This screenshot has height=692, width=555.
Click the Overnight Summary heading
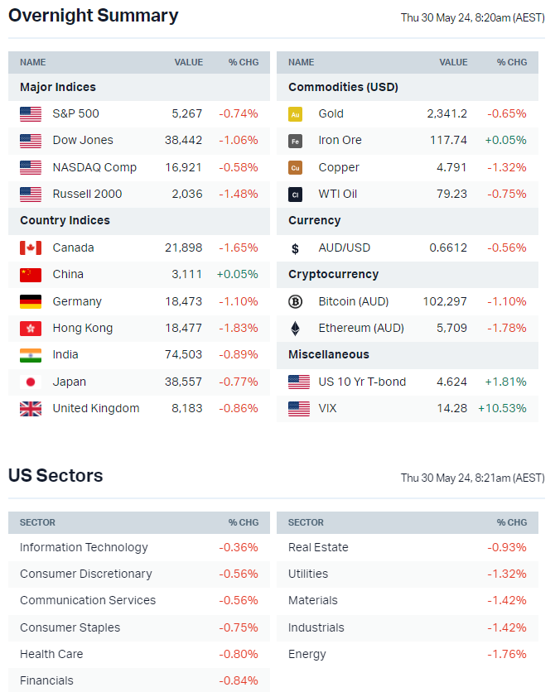coord(93,16)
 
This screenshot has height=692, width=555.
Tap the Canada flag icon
coord(31,247)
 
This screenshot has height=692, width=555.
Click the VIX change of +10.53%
coord(502,408)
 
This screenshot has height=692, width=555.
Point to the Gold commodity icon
coord(295,114)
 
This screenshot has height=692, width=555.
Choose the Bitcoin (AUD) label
coord(353,301)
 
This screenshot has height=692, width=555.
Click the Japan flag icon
coord(31,382)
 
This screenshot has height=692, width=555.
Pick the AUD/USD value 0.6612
coord(448,247)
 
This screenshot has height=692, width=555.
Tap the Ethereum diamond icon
coord(295,328)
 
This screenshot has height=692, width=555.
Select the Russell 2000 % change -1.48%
coord(238,194)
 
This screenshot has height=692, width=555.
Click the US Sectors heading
coord(55,476)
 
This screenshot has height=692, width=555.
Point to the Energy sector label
coord(307,654)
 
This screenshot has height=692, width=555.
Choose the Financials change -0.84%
coord(238,680)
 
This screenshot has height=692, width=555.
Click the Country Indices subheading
coord(65,220)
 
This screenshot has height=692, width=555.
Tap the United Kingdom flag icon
coord(31,408)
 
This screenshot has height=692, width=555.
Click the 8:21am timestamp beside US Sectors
coord(472,478)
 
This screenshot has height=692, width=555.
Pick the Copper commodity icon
coord(295,167)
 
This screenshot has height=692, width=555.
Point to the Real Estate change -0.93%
coord(507,547)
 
